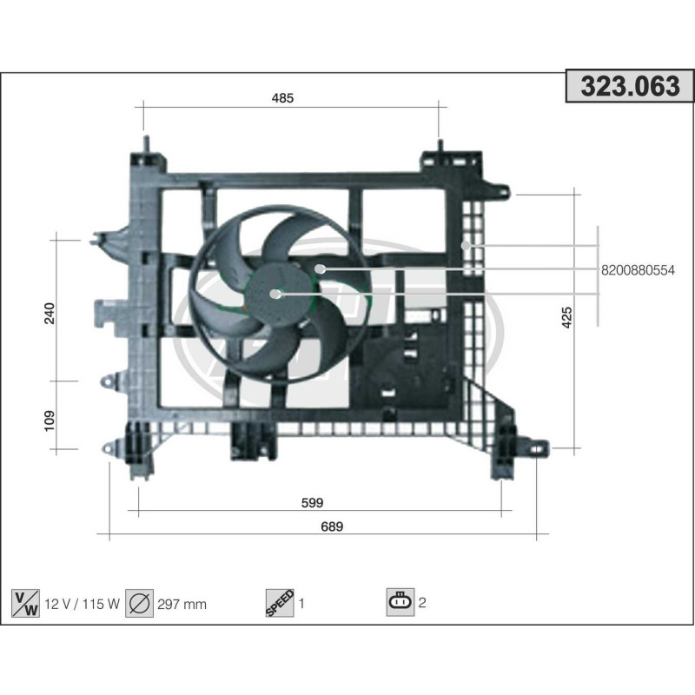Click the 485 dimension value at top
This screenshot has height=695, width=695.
[x=283, y=98]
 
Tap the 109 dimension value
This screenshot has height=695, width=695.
[x=49, y=420]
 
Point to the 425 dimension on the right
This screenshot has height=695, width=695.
[x=567, y=318]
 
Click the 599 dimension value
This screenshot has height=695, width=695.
[x=313, y=502]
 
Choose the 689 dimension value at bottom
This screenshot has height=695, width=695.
[x=333, y=526]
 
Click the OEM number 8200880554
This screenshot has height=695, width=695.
[x=637, y=270]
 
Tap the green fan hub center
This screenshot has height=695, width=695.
[x=276, y=294]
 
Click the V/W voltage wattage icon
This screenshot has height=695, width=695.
[x=24, y=602]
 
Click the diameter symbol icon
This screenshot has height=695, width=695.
[x=139, y=602]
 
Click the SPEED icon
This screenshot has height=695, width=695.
[x=279, y=602]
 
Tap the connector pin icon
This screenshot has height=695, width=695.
[x=400, y=601]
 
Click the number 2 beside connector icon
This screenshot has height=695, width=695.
[x=422, y=602]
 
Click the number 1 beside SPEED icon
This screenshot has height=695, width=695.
[x=301, y=602]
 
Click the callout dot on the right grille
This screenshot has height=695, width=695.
[x=466, y=245]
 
